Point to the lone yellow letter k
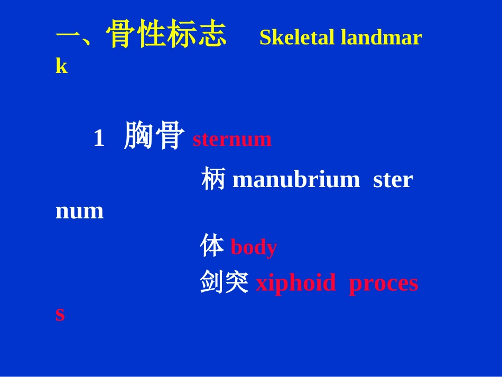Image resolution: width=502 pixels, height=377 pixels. pos(61,66)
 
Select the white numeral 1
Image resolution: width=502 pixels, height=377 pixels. pos(99,139)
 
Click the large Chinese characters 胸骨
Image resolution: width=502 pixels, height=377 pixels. pos(154,136)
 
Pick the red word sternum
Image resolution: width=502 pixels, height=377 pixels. pos(232,139)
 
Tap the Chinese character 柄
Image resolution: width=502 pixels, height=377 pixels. pos(213,179)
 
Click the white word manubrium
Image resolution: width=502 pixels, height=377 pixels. pos(296,180)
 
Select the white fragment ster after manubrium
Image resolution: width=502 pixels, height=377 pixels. pos(393,180)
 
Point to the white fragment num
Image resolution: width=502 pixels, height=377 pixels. pos(79,211)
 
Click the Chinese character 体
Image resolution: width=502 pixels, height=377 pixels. pos(212,246)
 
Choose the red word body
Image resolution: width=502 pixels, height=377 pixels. pos(254,247)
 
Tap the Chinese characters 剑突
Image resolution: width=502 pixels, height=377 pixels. pos(225,282)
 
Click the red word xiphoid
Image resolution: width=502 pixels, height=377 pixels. pos(295,283)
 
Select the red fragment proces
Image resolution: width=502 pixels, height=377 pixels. pos(383,283)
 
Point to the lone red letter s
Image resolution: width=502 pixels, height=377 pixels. pos(60,314)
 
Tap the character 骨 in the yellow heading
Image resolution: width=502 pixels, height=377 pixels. pos(120,35)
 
